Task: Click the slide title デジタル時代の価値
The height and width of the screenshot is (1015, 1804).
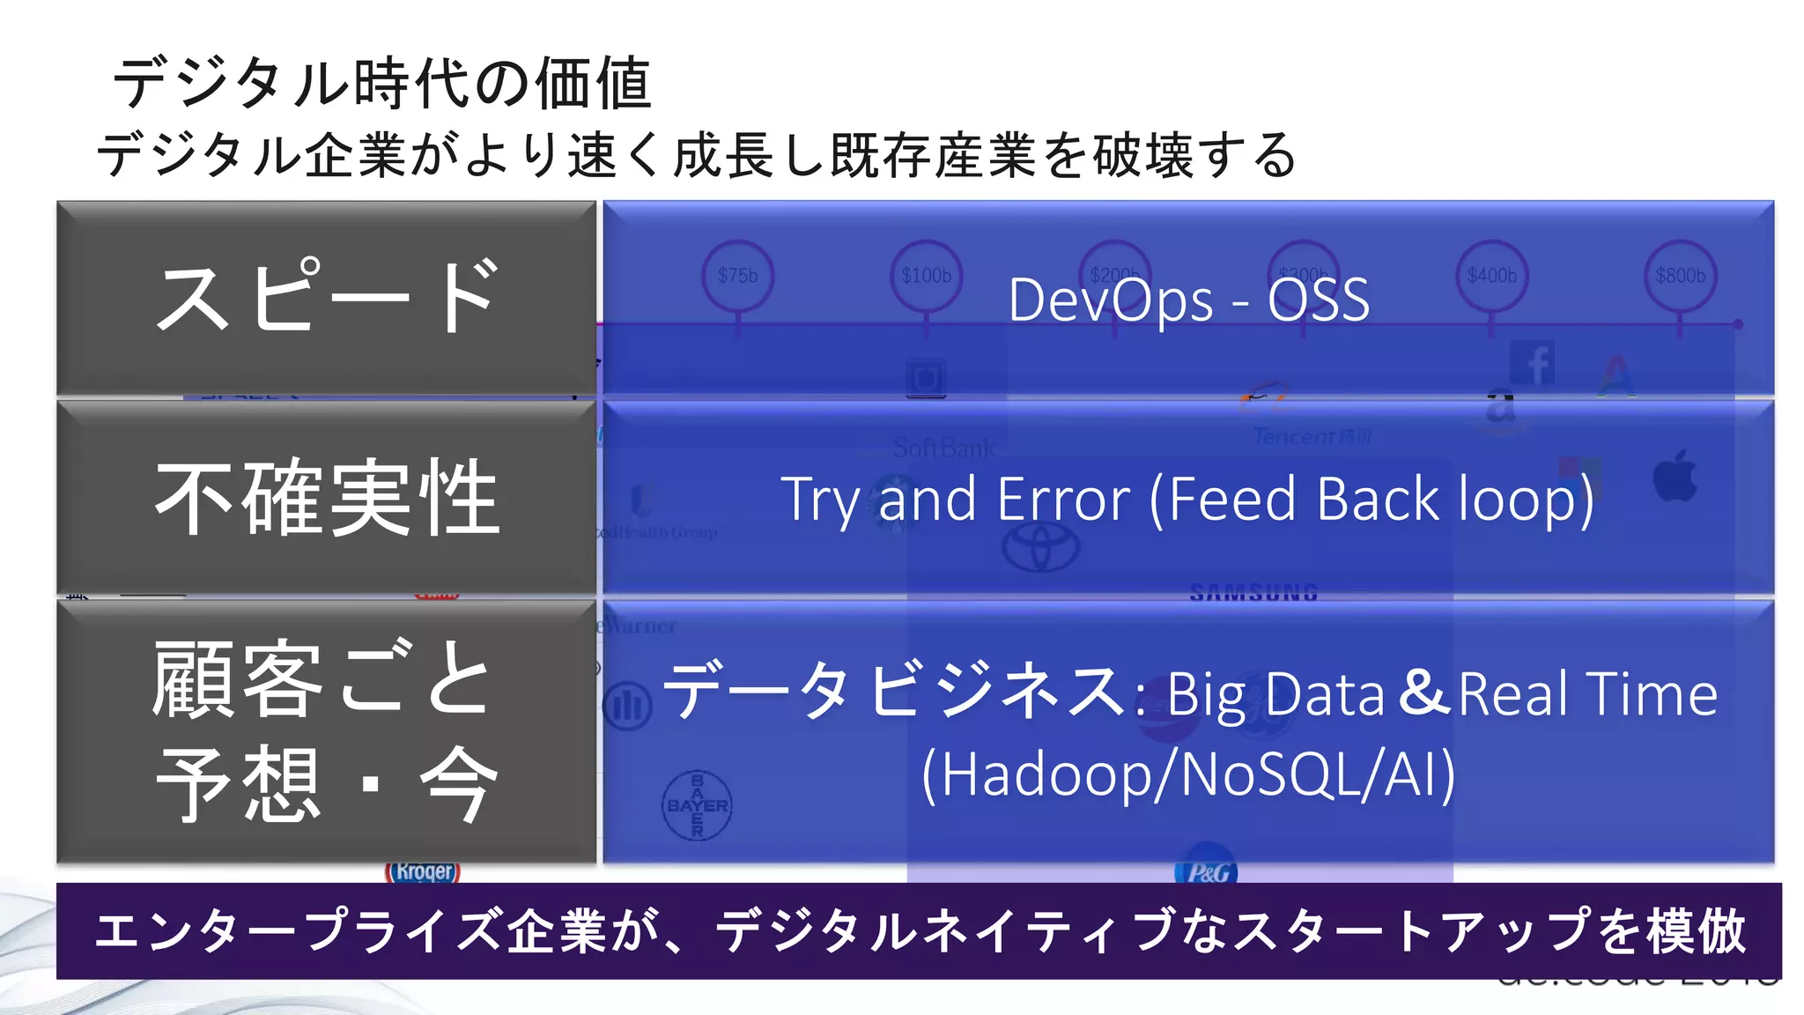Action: click(x=382, y=84)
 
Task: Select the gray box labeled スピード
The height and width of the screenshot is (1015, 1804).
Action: click(x=326, y=298)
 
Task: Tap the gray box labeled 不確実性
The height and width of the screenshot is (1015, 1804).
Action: click(x=326, y=498)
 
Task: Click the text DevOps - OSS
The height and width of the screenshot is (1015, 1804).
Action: click(x=1188, y=300)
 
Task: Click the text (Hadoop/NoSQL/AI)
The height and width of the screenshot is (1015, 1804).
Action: click(x=1188, y=774)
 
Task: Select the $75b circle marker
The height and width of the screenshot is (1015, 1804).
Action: click(x=738, y=276)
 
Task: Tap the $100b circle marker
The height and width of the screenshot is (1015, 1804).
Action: click(x=926, y=276)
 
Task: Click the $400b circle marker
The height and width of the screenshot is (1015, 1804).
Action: click(x=1491, y=276)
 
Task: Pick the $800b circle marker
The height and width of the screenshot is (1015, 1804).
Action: click(x=1680, y=276)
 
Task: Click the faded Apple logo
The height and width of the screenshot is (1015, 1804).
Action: click(x=1675, y=477)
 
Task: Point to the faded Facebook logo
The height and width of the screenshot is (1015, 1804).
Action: click(x=1533, y=363)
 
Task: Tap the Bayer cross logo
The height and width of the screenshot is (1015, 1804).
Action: click(x=697, y=805)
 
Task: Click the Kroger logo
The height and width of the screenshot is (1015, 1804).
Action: click(x=424, y=871)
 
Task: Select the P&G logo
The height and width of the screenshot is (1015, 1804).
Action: click(x=1207, y=871)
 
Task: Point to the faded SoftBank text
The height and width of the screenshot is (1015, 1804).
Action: click(x=943, y=448)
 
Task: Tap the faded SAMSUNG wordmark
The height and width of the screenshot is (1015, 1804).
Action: click(x=1253, y=593)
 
